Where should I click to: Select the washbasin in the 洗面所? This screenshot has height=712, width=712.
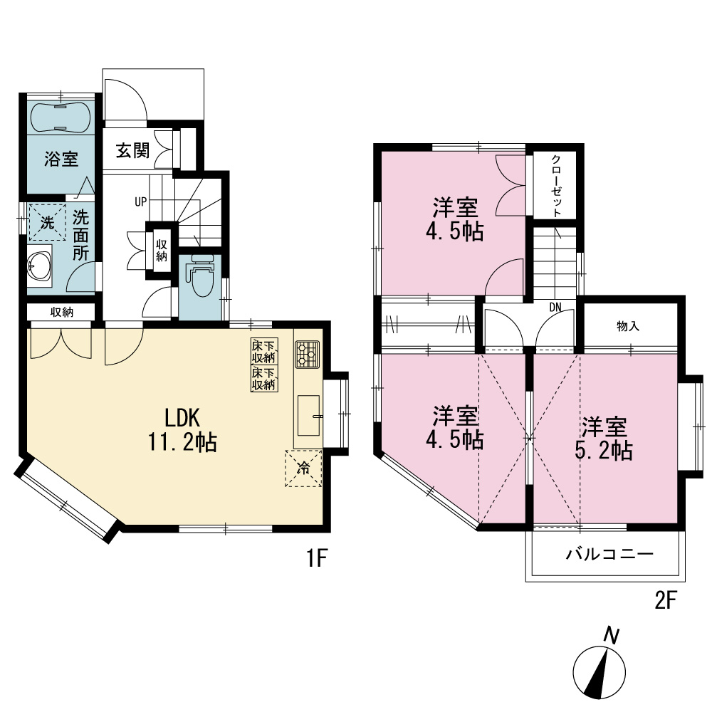point(39,265)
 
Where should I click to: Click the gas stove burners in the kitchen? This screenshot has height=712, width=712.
point(308,354)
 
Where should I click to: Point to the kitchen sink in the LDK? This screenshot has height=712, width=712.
point(309,415)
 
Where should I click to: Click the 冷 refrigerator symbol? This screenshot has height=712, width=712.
point(303,468)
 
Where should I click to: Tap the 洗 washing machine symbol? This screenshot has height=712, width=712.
point(47,222)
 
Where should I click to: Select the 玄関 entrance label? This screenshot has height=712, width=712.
point(132,150)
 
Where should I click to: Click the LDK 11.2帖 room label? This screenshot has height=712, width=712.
point(182,429)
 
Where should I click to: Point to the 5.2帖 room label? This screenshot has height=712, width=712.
point(604,439)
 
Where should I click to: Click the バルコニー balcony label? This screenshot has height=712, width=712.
point(609,555)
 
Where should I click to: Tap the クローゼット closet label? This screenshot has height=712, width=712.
point(556,186)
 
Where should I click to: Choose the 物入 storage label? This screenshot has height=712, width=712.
point(629,326)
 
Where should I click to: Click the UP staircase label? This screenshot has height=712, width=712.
point(141,201)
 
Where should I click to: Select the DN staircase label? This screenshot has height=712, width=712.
point(555,308)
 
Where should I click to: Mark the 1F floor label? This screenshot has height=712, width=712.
point(317,558)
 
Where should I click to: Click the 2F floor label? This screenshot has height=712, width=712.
point(665,601)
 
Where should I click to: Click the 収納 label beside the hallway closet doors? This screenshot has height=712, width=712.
point(162,251)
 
